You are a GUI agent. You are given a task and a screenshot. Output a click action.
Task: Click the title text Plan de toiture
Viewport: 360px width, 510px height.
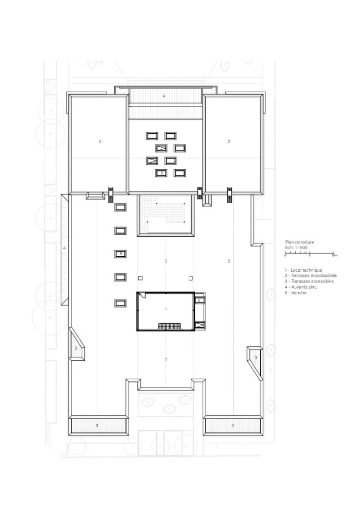[x=299, y=242]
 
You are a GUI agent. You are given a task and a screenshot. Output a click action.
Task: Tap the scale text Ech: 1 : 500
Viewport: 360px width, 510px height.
[x=296, y=248]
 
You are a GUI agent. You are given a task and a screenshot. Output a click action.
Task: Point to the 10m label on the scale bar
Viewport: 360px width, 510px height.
[x=334, y=256]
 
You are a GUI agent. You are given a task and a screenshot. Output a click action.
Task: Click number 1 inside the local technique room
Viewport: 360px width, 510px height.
[x=166, y=309]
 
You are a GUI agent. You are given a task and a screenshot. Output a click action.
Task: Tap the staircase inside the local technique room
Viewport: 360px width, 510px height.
[x=169, y=326]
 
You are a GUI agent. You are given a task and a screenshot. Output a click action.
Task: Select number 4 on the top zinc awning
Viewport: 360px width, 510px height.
[x=164, y=96]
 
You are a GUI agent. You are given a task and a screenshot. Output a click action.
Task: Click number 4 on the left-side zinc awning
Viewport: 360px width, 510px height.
[x=65, y=248]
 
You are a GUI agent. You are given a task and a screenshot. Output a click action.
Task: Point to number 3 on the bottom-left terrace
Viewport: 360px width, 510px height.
[x=97, y=426]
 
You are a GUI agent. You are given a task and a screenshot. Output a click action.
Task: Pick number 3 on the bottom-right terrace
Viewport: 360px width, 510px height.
[x=232, y=426]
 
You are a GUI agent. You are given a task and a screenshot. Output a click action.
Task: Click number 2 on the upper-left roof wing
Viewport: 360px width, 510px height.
[x=100, y=142]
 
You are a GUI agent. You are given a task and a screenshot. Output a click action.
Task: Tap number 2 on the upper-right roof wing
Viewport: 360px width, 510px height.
[x=229, y=142]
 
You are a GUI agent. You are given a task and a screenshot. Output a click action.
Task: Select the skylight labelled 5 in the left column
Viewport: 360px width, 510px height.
[x=120, y=254]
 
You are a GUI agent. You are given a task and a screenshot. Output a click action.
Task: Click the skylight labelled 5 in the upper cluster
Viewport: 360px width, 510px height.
[x=161, y=173]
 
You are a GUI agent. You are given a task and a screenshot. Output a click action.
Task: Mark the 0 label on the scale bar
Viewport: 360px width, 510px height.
[x=285, y=256]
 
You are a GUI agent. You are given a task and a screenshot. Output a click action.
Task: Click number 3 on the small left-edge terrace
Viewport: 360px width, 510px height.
[x=76, y=348]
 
